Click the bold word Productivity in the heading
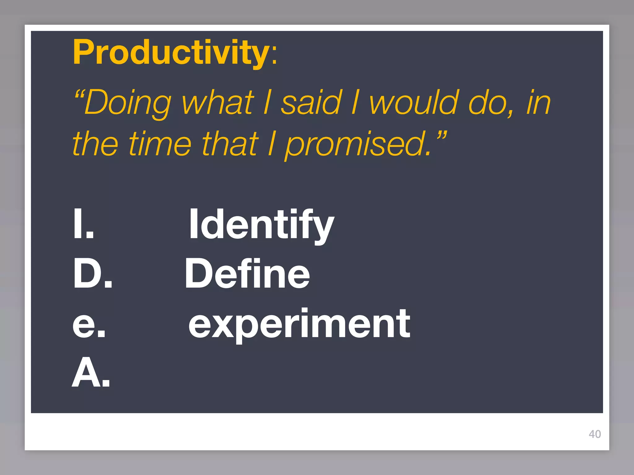[x=171, y=53]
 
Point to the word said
[x=311, y=102]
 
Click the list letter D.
[x=92, y=273]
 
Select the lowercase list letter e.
[x=89, y=325]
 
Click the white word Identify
[x=262, y=224]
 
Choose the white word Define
[x=247, y=273]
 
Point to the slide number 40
[x=595, y=434]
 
